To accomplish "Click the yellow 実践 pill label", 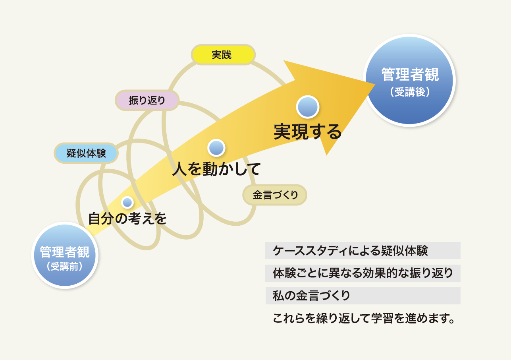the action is pyautogui.click(x=223, y=55).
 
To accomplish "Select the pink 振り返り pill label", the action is pyautogui.click(x=147, y=101).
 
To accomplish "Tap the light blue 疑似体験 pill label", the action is pyautogui.click(x=86, y=153).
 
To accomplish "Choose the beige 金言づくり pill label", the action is pyautogui.click(x=275, y=195).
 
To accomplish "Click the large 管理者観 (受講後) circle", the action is pyautogui.click(x=409, y=80).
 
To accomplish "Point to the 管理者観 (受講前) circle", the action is pyautogui.click(x=65, y=255).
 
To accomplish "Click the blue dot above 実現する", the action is pyautogui.click(x=308, y=107).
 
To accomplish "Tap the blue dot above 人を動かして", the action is pyautogui.click(x=216, y=148).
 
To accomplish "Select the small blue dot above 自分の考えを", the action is pyautogui.click(x=127, y=202).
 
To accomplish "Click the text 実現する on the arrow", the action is pyautogui.click(x=307, y=132).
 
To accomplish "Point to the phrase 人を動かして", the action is pyautogui.click(x=216, y=169).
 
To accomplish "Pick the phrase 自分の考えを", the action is pyautogui.click(x=127, y=219).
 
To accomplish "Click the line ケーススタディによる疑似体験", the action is pyautogui.click(x=350, y=251).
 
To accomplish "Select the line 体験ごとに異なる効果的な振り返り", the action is pyautogui.click(x=363, y=273).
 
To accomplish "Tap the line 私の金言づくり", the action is pyautogui.click(x=311, y=295).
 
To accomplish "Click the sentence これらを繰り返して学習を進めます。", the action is pyautogui.click(x=364, y=318).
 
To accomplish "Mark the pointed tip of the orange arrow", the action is pyautogui.click(x=375, y=85).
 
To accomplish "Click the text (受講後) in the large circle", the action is pyautogui.click(x=410, y=92).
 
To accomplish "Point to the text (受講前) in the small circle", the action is pyautogui.click(x=65, y=266).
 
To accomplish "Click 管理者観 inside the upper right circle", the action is pyautogui.click(x=410, y=74).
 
